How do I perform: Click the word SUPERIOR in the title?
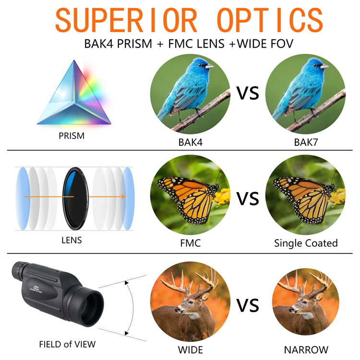tap(126, 20)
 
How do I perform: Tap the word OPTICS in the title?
tap(270, 20)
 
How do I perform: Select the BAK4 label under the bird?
tap(191, 143)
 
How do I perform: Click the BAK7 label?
tap(306, 143)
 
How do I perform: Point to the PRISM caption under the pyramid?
tap(72, 136)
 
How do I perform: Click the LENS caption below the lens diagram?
tap(72, 240)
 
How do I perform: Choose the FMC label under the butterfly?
tap(191, 243)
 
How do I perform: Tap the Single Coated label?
tap(306, 243)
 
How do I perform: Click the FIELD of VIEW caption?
tap(67, 344)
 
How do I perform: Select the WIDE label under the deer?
tap(191, 350)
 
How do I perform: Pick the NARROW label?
tap(306, 350)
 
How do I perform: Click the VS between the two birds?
tap(248, 93)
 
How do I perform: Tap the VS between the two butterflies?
tap(248, 199)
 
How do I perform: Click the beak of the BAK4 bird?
tap(209, 67)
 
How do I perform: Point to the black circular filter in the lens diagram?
tap(75, 199)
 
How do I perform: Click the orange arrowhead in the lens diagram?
tap(123, 197)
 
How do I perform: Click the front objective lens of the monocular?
tap(91, 308)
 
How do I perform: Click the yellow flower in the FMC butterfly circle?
tap(222, 196)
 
